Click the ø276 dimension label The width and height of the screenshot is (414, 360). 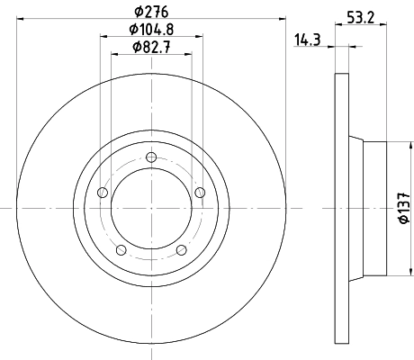tap(150, 11)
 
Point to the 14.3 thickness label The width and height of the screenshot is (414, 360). tap(308, 40)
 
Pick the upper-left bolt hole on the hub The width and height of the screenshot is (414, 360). tap(102, 193)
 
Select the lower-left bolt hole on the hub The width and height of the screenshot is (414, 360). tap(121, 250)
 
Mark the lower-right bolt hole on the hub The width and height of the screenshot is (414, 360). tap(181, 250)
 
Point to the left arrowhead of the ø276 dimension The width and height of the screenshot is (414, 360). tap(21, 20)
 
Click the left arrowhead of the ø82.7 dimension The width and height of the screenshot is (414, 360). tap(114, 55)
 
